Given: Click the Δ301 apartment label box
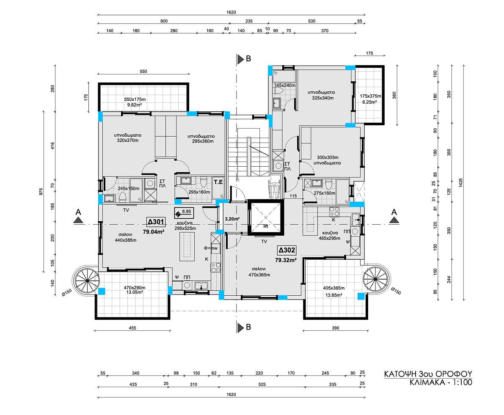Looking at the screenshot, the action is pyautogui.click(x=156, y=222).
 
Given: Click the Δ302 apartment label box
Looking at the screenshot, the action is pyautogui.click(x=286, y=250).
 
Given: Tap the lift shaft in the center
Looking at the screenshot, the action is pyautogui.click(x=266, y=218).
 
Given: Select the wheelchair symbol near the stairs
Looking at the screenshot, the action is pyautogui.click(x=274, y=190).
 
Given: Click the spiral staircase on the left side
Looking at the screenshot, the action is pyautogui.click(x=87, y=281).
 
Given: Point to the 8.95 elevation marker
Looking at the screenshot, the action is pyautogui.click(x=183, y=212).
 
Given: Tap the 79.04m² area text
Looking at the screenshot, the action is pyautogui.click(x=154, y=231).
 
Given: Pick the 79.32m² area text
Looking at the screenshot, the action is pyautogui.click(x=286, y=260).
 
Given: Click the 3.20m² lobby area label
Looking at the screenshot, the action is pyautogui.click(x=232, y=219).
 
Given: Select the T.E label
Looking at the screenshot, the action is pyautogui.click(x=218, y=182).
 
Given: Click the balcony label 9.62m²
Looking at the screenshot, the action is pyautogui.click(x=134, y=105).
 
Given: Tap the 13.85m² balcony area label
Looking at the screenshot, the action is pyautogui.click(x=333, y=295).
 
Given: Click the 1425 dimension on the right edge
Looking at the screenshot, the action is pyautogui.click(x=460, y=183).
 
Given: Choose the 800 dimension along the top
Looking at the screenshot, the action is pyautogui.click(x=164, y=21).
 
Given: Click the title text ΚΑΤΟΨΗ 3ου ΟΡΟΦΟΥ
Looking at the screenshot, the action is pyautogui.click(x=428, y=374).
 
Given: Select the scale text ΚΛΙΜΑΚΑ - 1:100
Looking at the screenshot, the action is pyautogui.click(x=441, y=382).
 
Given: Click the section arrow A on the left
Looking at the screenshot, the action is pyautogui.click(x=78, y=220).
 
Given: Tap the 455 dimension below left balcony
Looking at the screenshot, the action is pyautogui.click(x=132, y=328).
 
